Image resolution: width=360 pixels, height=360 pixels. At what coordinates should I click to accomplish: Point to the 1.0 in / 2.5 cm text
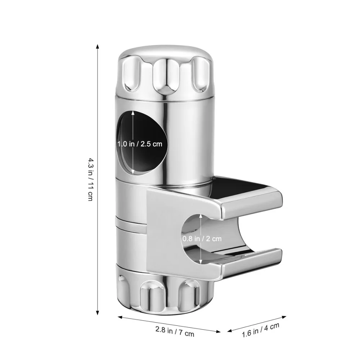click(x=140, y=144)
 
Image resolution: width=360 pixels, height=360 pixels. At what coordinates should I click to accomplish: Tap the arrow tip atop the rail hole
click(x=133, y=112)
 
